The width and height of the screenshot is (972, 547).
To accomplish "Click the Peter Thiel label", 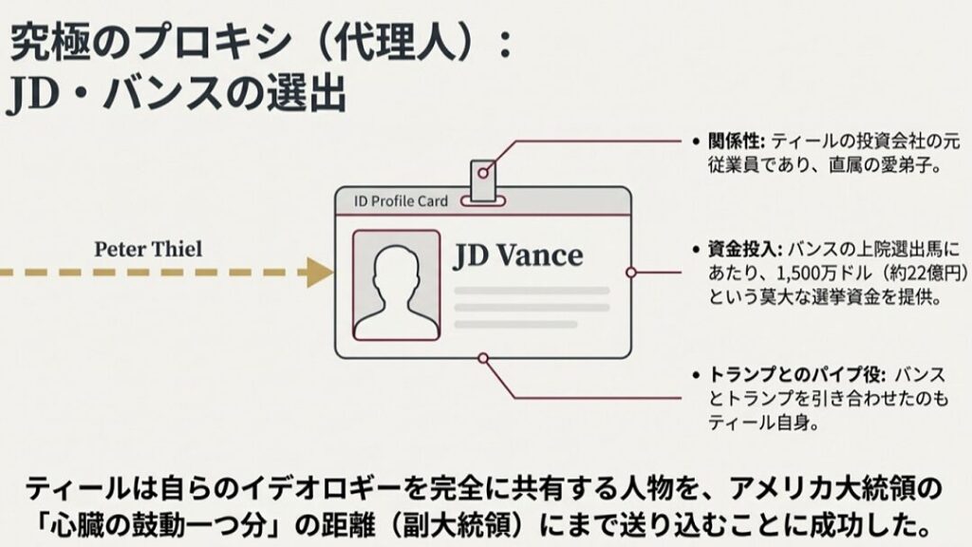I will (147, 249).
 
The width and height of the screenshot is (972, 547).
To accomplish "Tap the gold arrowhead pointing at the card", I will (317, 273).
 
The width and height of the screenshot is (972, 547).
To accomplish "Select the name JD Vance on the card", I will (517, 256).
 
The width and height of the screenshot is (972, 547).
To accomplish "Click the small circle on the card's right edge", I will (630, 273).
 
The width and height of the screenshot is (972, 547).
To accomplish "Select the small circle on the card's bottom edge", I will (484, 358).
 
